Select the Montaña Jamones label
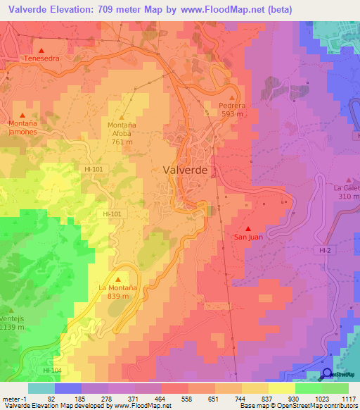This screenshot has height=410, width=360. (x=22, y=128)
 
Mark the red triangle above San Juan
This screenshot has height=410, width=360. (x=248, y=228)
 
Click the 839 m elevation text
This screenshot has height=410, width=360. (x=117, y=297)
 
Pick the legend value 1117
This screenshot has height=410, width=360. (x=348, y=398)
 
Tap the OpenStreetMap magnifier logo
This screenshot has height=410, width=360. (x=327, y=374)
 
